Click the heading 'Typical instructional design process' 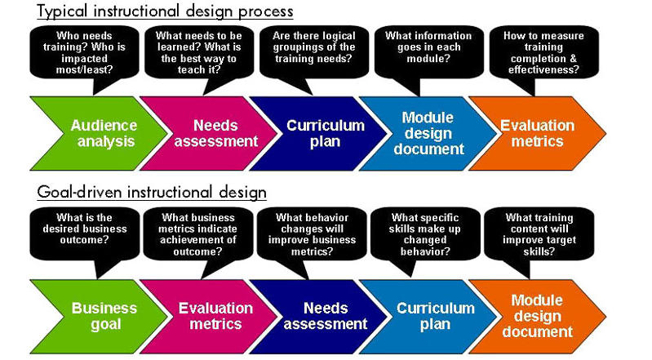(x=165, y=11)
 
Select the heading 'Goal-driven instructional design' (x=152, y=193)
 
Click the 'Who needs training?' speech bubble (x=84, y=52)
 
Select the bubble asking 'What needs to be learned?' (x=199, y=52)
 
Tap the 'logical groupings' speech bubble (x=314, y=52)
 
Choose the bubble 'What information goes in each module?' (x=429, y=52)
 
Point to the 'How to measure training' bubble (x=544, y=52)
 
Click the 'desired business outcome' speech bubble (x=84, y=234)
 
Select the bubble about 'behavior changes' (x=312, y=234)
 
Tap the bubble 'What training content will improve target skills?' (x=539, y=234)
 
